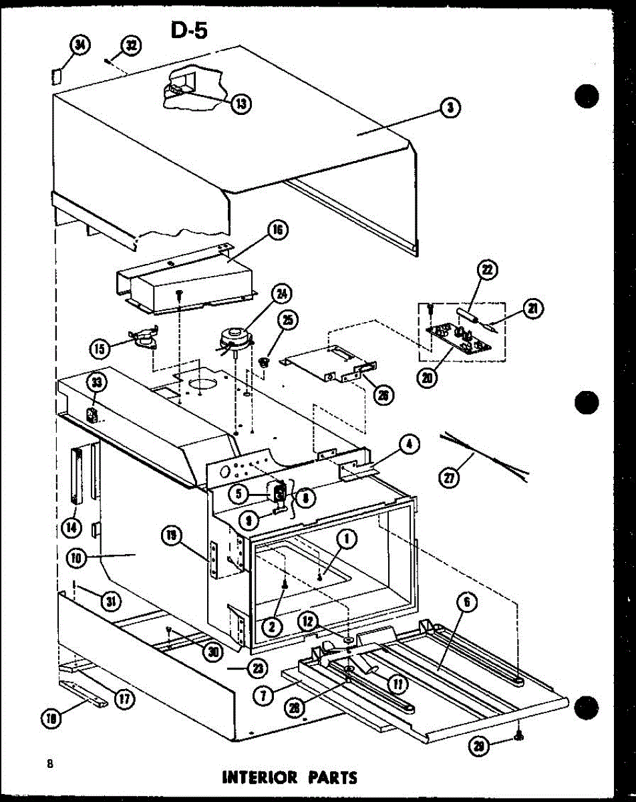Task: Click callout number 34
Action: pos(79,45)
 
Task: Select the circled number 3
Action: pos(452,108)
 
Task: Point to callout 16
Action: pos(277,231)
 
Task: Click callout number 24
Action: pos(283,293)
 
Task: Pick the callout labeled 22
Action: pos(486,271)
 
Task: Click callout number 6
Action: pos(466,601)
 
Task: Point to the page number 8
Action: pos(49,765)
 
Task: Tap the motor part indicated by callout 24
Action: pos(232,338)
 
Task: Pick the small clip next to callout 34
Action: pos(56,76)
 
